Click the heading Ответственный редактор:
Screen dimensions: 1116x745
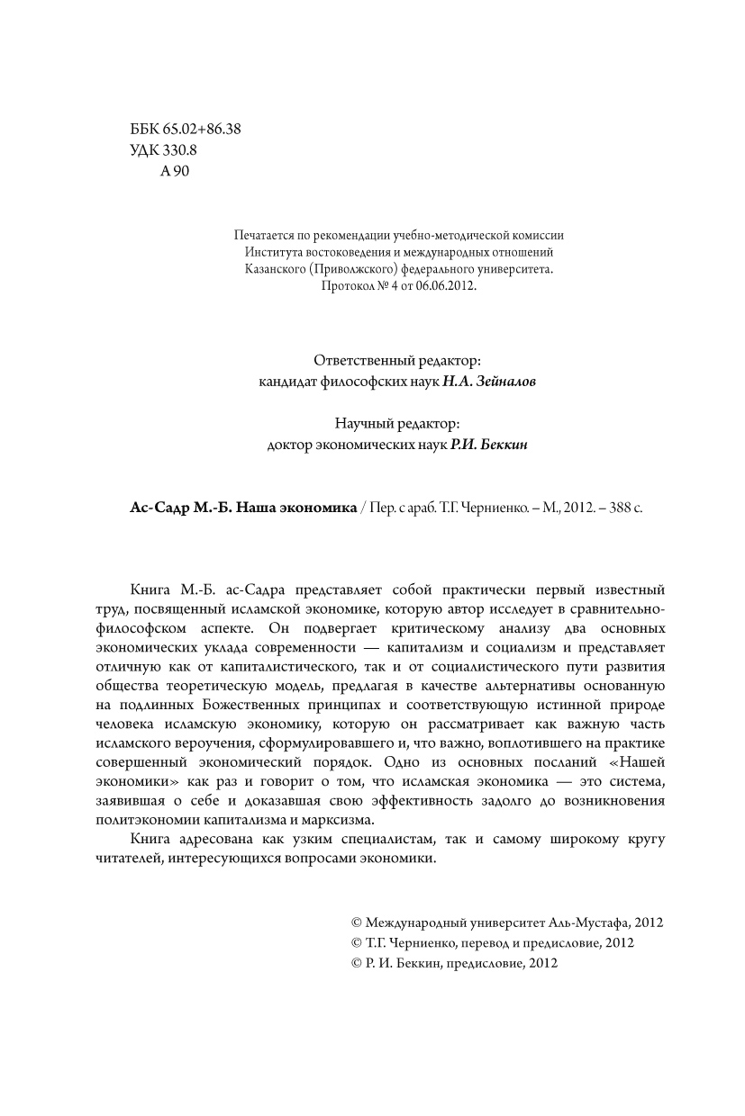(x=397, y=360)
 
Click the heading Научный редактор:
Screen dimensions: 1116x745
(x=397, y=424)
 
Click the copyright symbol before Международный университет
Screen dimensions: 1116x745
(x=356, y=922)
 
